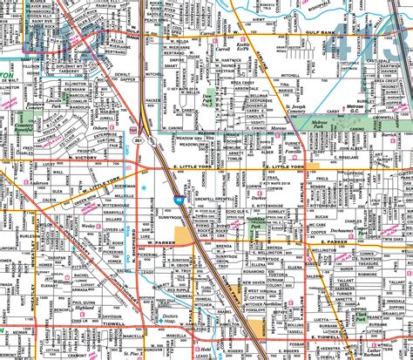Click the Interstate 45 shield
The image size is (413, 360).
[x=177, y=200]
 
